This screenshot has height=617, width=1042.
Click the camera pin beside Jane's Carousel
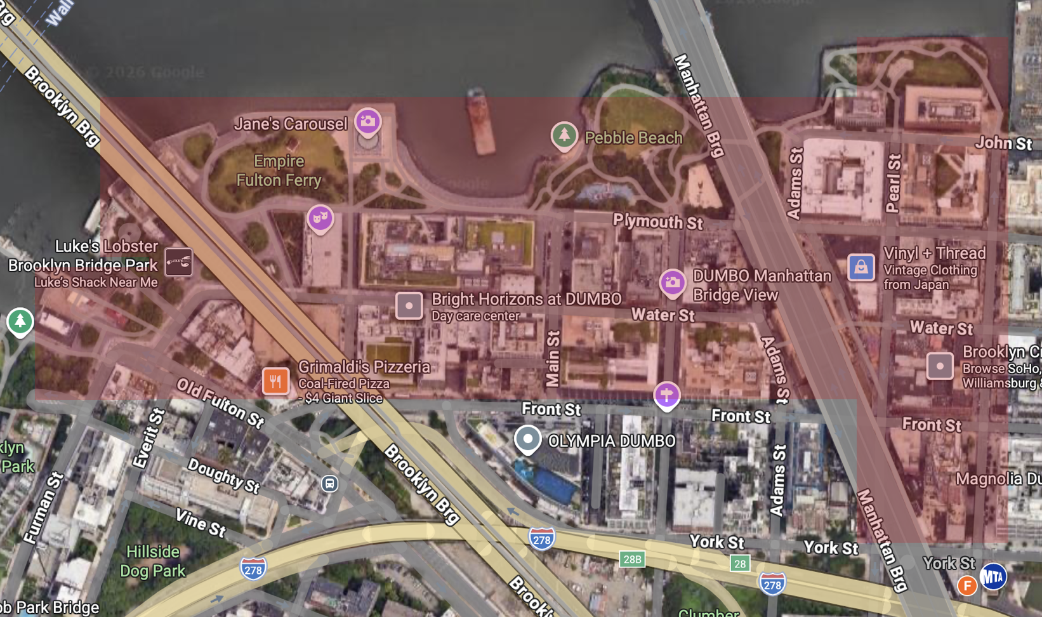pos(367,121)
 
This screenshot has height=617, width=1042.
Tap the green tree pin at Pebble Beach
pos(564,135)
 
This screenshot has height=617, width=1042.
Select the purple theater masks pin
pos(320,218)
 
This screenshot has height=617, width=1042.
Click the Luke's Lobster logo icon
pos(178,262)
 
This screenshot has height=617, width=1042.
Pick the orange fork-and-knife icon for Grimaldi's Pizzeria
pos(275,381)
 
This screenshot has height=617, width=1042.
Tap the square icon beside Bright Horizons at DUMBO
pos(409,306)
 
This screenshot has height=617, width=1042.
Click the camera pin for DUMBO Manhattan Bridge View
pos(672,282)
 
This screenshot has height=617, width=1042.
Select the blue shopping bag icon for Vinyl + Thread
pos(861,267)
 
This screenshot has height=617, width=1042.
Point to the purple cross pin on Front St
pos(666,395)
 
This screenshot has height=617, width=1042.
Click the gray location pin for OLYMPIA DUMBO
pos(527,439)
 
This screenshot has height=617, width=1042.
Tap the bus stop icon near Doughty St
pos(329,484)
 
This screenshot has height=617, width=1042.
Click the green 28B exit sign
pos(632,559)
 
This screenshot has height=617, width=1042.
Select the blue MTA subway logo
pos(993,576)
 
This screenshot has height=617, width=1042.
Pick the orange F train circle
pos(966,585)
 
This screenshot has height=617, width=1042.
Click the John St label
pos(1003,143)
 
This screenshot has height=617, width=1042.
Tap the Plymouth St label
pos(657,222)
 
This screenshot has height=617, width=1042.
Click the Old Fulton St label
pos(220,402)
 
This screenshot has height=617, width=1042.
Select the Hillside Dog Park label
pos(153,561)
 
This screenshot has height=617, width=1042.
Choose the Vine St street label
pos(201,522)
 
